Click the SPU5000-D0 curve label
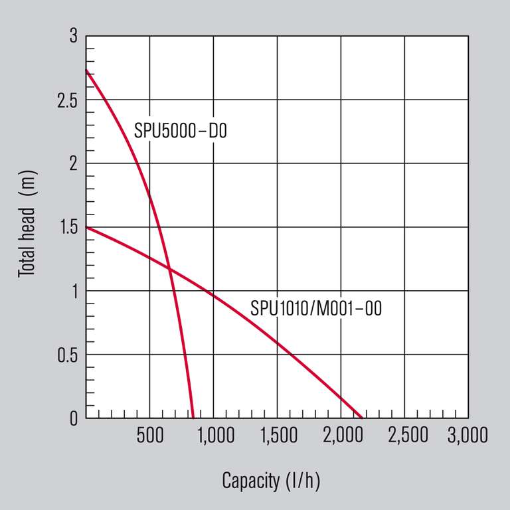click(181, 131)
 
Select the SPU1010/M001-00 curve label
click(316, 309)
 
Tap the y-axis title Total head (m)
click(27, 226)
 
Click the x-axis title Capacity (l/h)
click(271, 481)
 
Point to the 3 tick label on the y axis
click(73, 37)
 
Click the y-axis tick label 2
click(73, 164)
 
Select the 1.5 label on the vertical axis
click(66, 228)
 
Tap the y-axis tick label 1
click(73, 291)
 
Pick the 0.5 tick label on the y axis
click(66, 355)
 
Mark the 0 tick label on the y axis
click(73, 418)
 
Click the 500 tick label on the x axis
click(149, 436)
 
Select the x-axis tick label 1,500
click(277, 436)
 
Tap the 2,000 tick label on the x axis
click(341, 436)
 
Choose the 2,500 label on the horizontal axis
click(404, 436)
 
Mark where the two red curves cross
click(169, 269)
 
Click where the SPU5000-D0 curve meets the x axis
click(193, 418)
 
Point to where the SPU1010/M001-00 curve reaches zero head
click(361, 418)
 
